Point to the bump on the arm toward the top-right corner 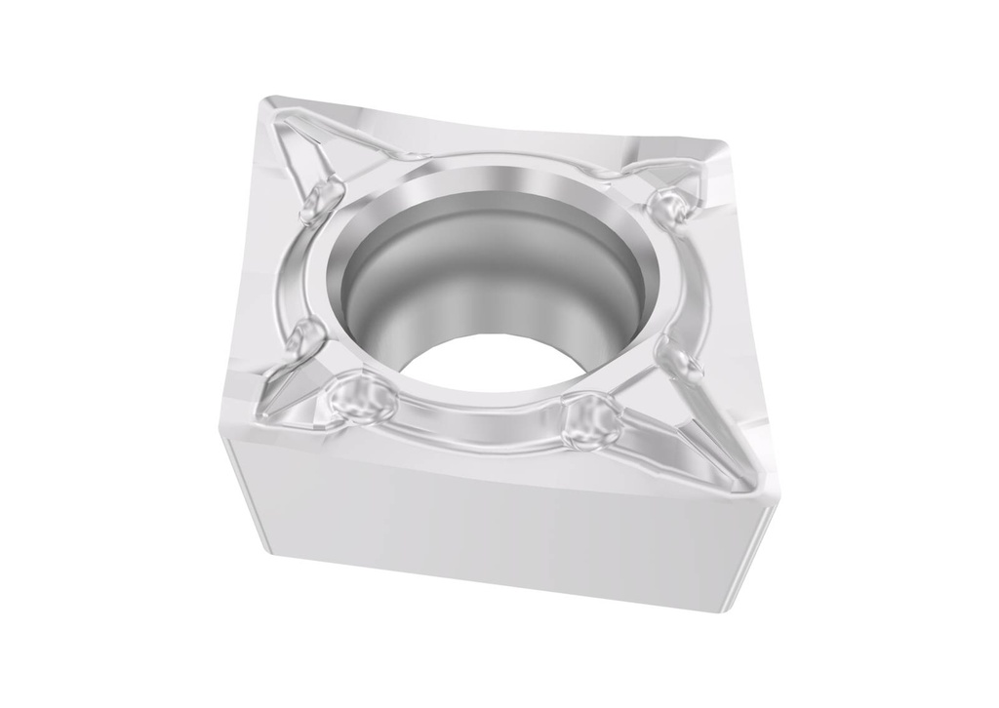(671, 206)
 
